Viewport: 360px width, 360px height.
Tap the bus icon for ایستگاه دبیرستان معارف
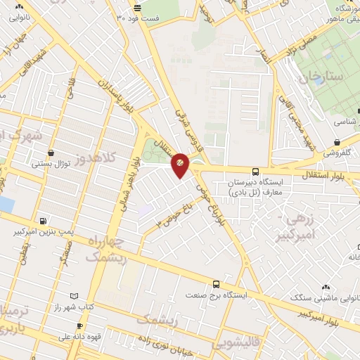coord(255,171)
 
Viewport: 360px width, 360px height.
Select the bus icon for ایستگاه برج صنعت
coord(215,285)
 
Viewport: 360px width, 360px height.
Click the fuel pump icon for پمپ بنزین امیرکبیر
coord(44,220)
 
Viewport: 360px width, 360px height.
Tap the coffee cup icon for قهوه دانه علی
coord(79,326)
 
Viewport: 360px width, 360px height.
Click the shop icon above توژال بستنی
coord(51,153)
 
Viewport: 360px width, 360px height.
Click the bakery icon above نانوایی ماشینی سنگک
coord(325,288)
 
